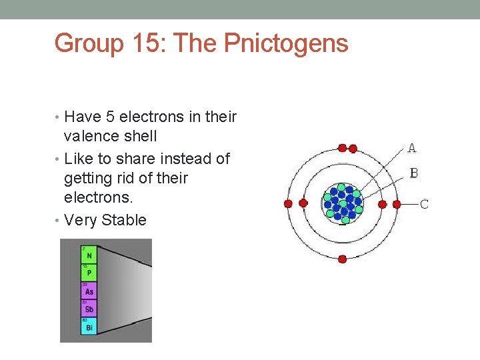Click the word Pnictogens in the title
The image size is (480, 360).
pos(287,44)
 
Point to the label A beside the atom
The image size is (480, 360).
pos(412,148)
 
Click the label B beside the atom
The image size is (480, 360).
pos(414,173)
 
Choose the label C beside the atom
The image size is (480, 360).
pos(424,204)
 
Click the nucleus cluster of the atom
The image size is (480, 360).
pos(343,202)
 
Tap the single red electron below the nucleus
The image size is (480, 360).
pos(342,259)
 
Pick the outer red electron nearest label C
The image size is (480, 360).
pos(397,204)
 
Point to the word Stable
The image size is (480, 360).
pos(124,221)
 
